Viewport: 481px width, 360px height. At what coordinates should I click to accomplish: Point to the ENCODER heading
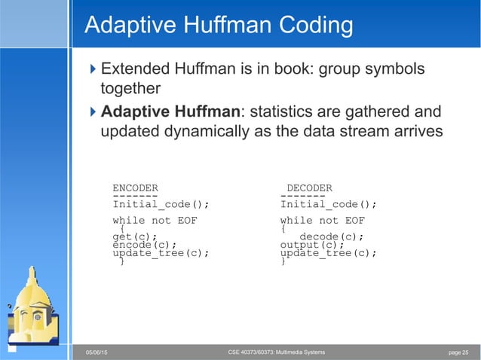coord(135,188)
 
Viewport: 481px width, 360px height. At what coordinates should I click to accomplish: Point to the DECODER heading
coord(309,188)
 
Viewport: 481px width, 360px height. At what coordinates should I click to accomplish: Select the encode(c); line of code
coord(144,245)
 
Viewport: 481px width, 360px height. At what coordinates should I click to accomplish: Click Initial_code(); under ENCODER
coord(161,203)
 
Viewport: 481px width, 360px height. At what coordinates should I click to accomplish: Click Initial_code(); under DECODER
coord(329,203)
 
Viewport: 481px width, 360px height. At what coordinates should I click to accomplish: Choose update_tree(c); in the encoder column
coord(161,253)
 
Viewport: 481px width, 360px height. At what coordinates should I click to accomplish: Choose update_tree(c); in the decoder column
coord(329,253)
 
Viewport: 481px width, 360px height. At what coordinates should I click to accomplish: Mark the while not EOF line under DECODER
coord(323,221)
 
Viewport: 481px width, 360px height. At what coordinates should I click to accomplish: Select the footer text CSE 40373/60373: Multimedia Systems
coord(276,352)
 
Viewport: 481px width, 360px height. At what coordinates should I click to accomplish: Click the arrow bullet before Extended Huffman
coord(93,71)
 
